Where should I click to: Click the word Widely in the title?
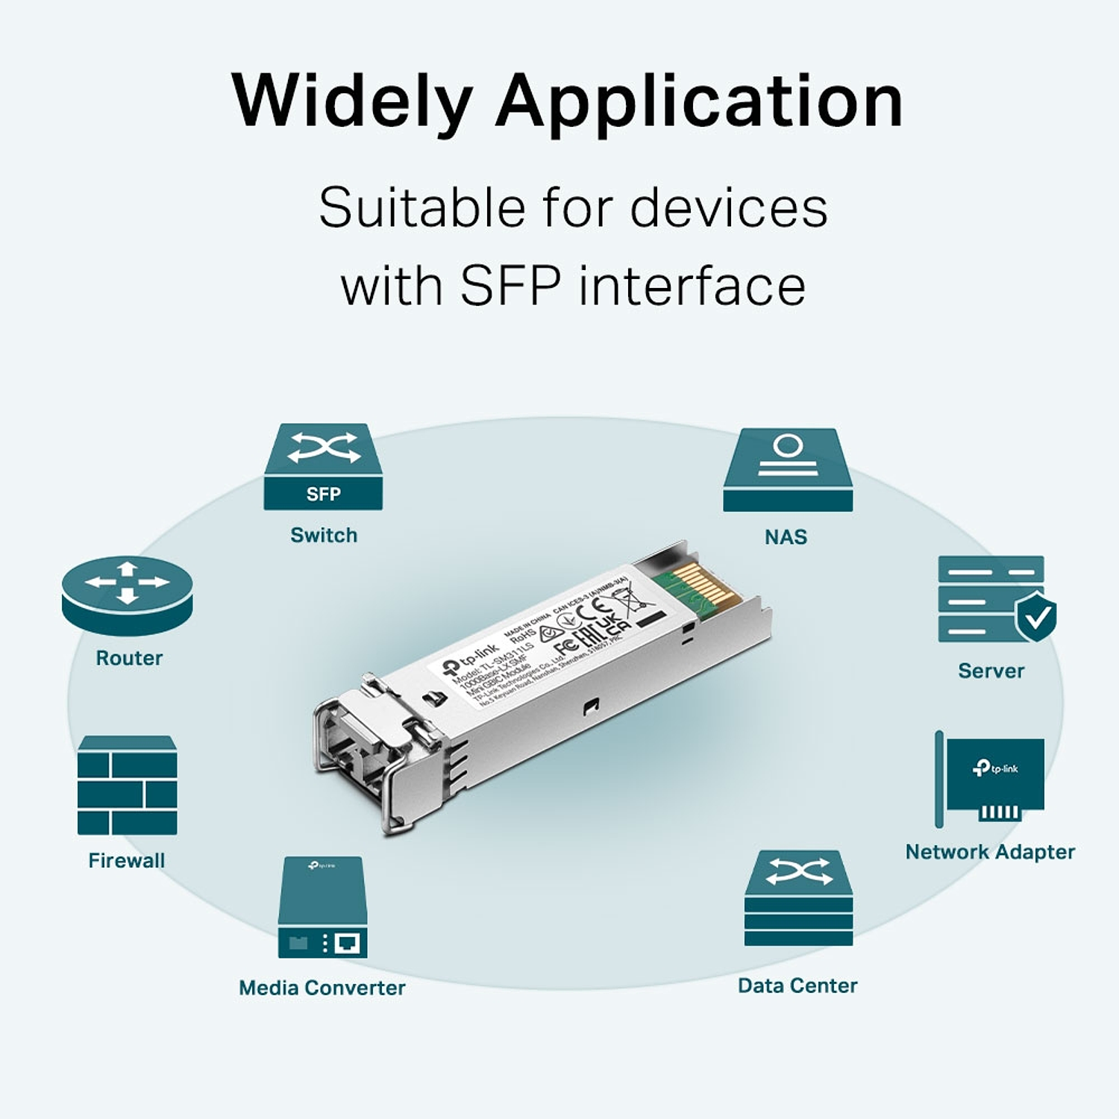(x=351, y=102)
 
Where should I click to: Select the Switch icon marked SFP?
(x=323, y=467)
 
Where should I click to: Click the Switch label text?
(x=324, y=536)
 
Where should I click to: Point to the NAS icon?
(x=788, y=470)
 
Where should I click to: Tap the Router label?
(x=129, y=658)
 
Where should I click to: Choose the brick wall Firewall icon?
(x=128, y=786)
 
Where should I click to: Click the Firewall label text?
(x=127, y=861)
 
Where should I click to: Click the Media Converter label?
(x=322, y=988)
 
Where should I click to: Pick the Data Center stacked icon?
(x=798, y=898)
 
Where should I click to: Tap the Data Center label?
(x=797, y=985)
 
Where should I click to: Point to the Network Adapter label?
(x=990, y=852)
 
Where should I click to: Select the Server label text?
(x=991, y=671)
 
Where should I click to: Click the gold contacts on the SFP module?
(x=701, y=586)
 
